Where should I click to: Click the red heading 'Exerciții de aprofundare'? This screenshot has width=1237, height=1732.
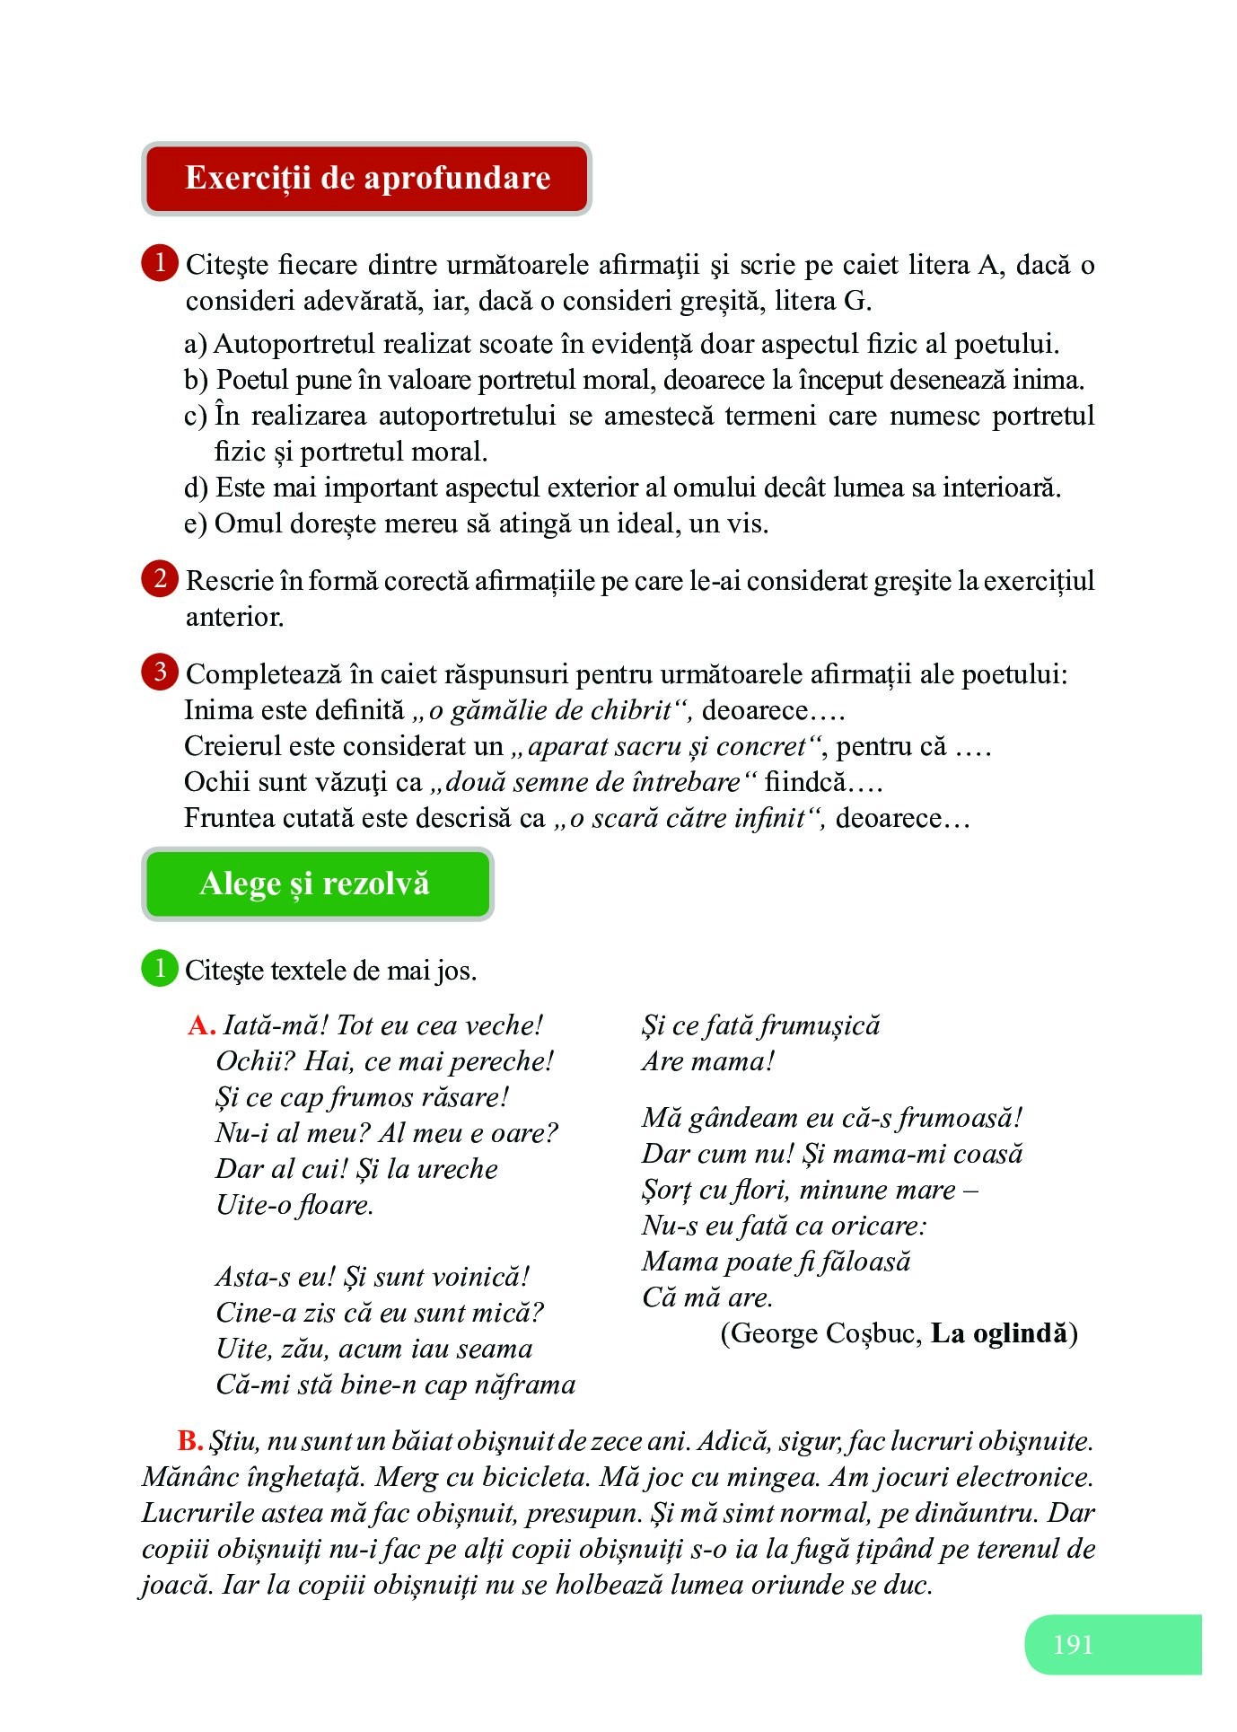coord(366,178)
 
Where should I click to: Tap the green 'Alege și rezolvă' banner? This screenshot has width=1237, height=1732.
coord(316,884)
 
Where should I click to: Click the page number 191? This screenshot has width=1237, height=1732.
coord(1073,1644)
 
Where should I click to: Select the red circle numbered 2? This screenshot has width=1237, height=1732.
coord(160,578)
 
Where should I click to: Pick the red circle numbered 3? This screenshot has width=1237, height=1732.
coord(160,672)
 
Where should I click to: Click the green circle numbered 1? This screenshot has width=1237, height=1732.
coord(160,968)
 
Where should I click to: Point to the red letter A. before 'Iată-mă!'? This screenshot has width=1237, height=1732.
coord(201,1025)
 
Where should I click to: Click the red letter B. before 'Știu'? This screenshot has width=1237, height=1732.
coord(189,1441)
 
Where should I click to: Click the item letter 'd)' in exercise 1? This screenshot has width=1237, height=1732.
coord(196,488)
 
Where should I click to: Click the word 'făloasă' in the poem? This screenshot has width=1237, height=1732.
coord(864,1262)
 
